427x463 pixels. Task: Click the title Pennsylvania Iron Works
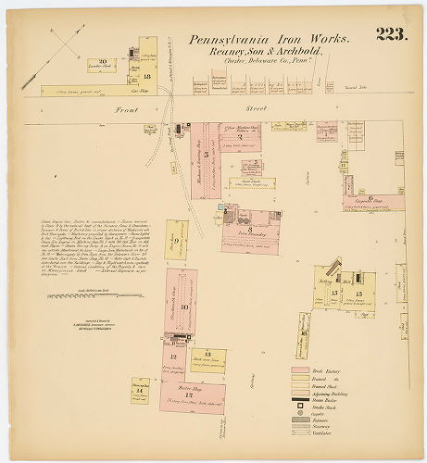click(270, 40)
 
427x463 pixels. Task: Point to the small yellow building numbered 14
click(140, 390)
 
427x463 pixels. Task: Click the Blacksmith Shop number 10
click(184, 307)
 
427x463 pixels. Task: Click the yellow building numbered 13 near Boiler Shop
click(207, 357)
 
